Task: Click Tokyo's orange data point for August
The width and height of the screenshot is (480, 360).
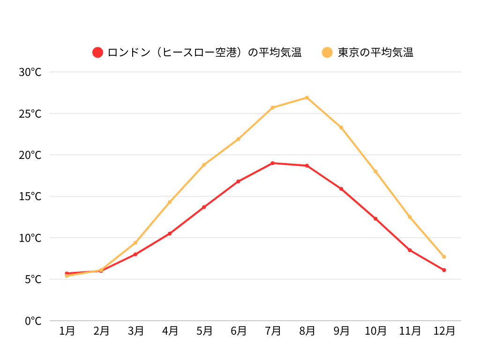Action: coord(307,97)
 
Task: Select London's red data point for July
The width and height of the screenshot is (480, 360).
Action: coord(272,163)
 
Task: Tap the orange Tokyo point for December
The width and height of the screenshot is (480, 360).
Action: coord(444,257)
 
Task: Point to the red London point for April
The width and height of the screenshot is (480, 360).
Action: coord(170,233)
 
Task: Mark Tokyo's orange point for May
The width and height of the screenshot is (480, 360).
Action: coord(204,165)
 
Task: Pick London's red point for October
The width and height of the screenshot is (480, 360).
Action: coord(375,219)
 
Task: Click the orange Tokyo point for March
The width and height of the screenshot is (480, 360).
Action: coord(135,243)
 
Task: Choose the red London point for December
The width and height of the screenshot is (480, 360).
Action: coord(444,270)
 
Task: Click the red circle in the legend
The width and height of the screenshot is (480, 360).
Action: coord(97,52)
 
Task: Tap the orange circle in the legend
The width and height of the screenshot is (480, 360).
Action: coord(327,52)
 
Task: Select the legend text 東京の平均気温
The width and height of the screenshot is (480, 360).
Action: coord(375,52)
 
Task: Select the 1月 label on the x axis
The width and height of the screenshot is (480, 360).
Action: coord(67,331)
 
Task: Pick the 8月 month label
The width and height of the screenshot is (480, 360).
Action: coord(307,331)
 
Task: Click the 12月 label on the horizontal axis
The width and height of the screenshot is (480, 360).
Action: coord(444,331)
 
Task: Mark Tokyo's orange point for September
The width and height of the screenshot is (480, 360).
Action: coord(341,127)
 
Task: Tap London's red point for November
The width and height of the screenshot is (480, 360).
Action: coord(410,250)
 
